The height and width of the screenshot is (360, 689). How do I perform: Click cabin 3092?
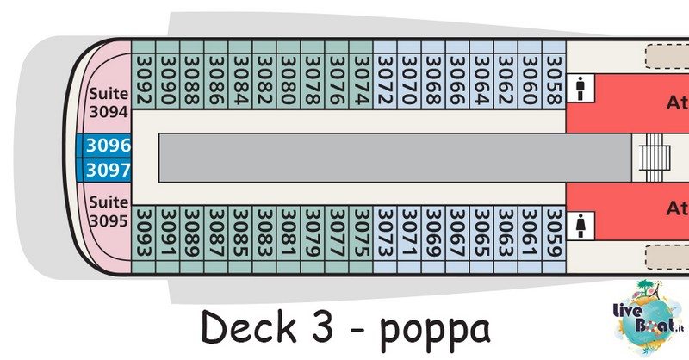tap(143, 75)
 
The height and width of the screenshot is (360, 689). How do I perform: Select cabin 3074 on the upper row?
tap(361, 75)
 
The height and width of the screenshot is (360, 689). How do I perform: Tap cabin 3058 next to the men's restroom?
tap(554, 75)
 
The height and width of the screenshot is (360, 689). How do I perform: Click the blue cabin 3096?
tap(103, 146)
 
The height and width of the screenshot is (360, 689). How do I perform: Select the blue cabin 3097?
tap(103, 170)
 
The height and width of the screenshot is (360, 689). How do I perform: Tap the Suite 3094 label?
tap(109, 102)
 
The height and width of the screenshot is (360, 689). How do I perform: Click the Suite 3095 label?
tap(109, 211)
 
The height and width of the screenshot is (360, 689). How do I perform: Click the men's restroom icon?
tap(580, 88)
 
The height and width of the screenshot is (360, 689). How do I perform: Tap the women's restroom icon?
tap(580, 226)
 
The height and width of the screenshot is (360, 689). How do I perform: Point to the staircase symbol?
tap(655, 158)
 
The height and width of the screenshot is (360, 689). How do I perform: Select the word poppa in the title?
tap(435, 330)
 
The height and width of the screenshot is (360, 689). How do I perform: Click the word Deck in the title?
tap(249, 326)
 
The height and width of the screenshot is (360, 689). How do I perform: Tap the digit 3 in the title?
tap(322, 327)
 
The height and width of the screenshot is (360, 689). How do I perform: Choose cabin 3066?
tap(457, 75)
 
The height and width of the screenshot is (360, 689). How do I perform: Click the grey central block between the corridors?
tap(395, 158)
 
